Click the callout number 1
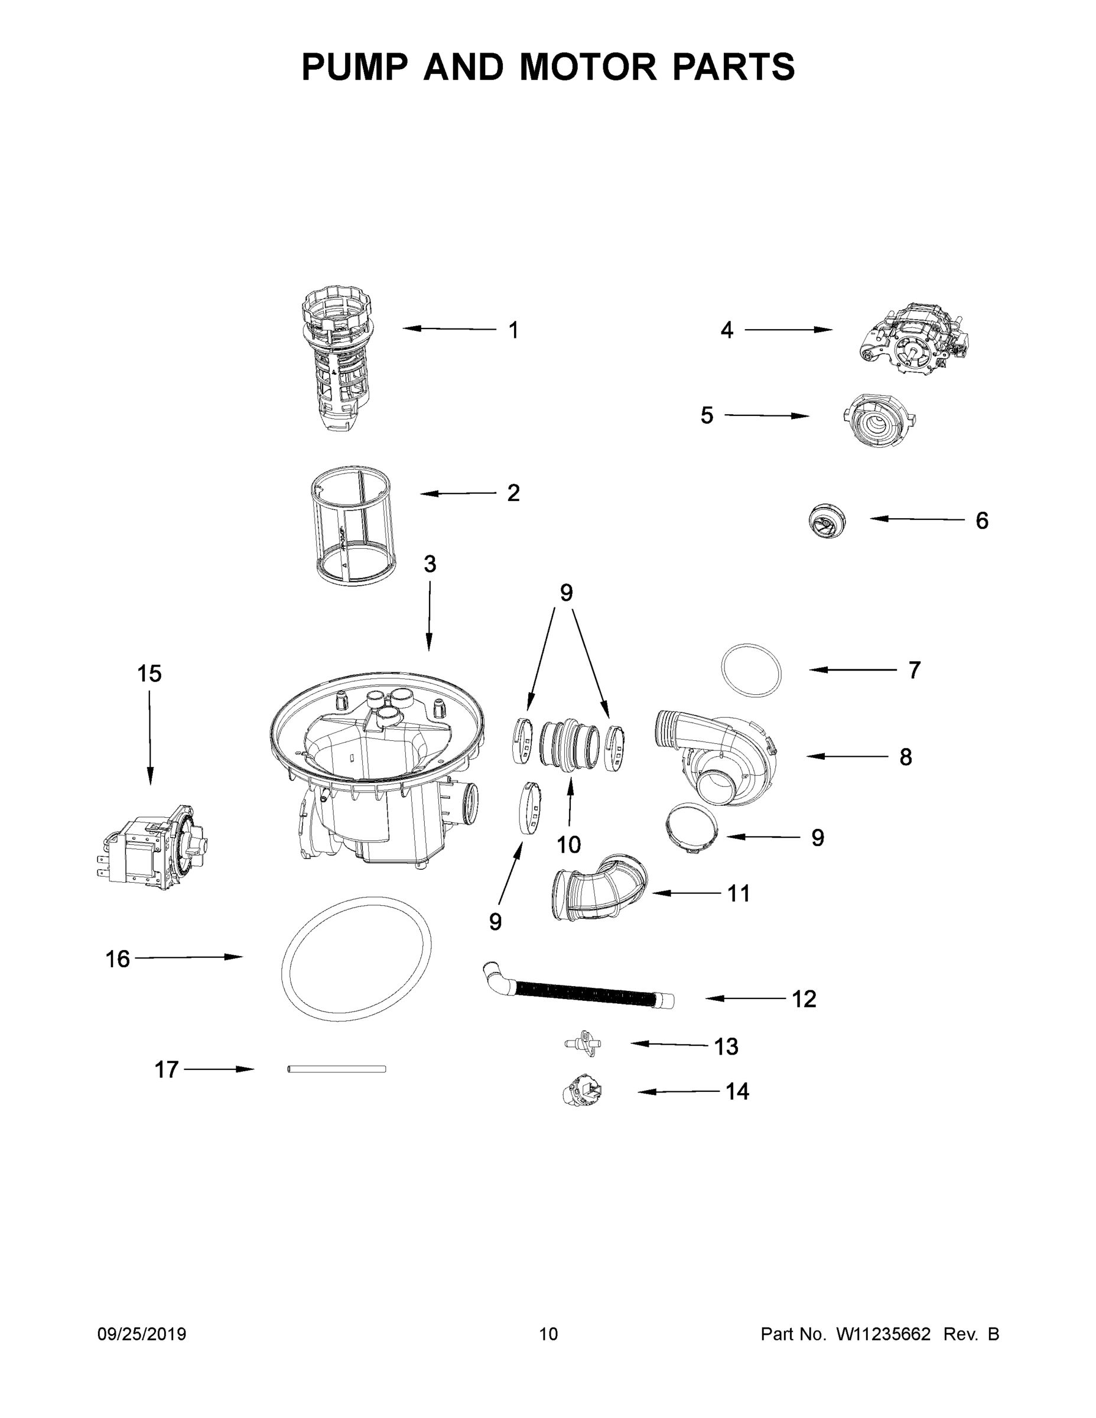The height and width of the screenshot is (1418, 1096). click(513, 330)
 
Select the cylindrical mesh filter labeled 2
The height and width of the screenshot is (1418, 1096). click(350, 525)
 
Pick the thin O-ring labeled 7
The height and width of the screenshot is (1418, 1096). click(751, 670)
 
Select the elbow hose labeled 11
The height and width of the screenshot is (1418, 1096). click(599, 889)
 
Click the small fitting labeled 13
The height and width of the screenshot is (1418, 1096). click(583, 1043)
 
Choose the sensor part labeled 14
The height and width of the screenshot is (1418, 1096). click(583, 1091)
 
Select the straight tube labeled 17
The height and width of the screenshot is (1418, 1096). click(336, 1069)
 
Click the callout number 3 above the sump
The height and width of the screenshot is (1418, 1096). click(429, 564)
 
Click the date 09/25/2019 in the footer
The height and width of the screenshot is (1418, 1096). click(142, 1334)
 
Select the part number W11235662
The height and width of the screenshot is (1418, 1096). click(883, 1334)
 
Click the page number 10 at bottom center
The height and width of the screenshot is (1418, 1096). click(548, 1334)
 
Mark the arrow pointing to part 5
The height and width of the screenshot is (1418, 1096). click(766, 415)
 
